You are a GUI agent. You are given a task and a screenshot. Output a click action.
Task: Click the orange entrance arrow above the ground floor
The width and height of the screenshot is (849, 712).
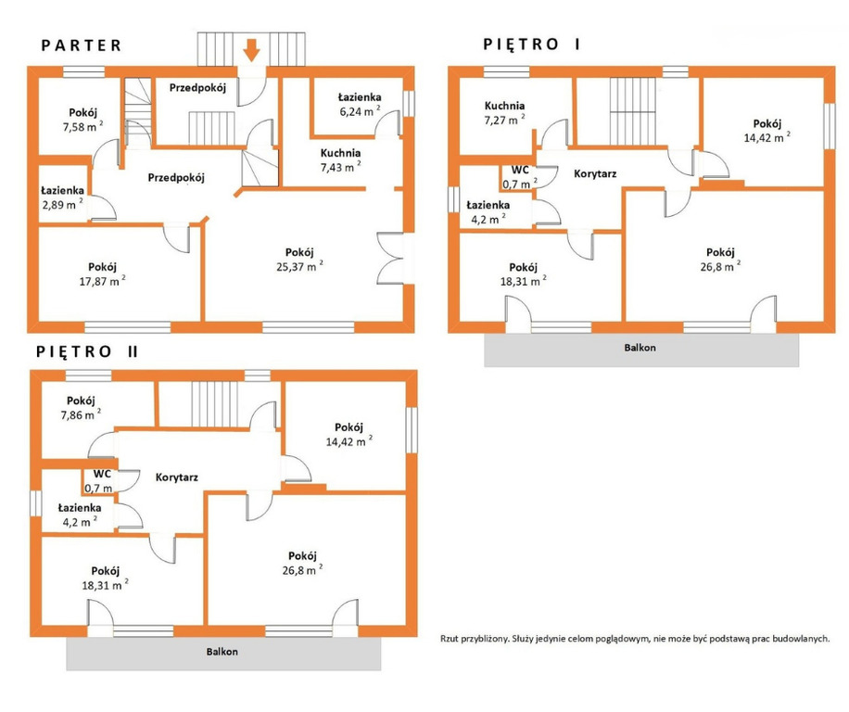click(251, 50)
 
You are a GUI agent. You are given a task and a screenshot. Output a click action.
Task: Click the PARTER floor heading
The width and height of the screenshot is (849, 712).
click(82, 44)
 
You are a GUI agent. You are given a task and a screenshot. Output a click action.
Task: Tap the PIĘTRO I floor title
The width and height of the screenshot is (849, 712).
click(531, 44)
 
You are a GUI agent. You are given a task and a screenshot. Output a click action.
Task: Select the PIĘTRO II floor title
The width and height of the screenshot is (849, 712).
click(87, 351)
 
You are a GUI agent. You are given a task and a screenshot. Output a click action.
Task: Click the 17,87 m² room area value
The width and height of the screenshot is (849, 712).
click(102, 281)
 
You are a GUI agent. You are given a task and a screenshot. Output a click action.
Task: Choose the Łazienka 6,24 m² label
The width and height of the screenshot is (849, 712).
click(360, 105)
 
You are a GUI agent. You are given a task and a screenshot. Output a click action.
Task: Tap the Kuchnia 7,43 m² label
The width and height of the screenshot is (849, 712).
click(340, 160)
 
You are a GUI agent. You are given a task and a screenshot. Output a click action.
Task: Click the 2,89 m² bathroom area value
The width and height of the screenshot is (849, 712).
click(63, 204)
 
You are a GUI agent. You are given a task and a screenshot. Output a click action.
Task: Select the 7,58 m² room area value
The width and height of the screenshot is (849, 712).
click(82, 127)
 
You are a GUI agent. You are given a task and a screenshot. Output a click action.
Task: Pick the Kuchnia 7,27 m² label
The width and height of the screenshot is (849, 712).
click(504, 112)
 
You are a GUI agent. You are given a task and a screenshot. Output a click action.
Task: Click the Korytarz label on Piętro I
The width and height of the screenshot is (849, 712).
click(595, 173)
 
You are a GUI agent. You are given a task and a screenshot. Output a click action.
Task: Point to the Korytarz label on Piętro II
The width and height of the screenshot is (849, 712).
click(176, 477)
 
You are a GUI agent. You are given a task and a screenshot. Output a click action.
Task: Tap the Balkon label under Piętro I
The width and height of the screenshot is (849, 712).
click(640, 348)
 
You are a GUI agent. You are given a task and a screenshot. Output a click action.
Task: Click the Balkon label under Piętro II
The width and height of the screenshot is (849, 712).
click(222, 652)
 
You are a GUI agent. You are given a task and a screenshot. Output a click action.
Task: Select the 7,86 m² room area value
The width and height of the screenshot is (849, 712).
click(82, 414)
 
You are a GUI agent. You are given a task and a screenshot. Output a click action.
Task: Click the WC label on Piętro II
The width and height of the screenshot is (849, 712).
click(102, 474)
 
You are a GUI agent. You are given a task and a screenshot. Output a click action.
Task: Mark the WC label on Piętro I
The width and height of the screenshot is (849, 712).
click(520, 170)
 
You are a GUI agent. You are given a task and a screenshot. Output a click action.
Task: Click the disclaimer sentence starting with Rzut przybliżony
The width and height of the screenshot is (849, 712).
click(635, 639)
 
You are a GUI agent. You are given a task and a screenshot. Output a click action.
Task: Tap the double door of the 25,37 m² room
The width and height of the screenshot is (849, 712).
click(391, 259)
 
